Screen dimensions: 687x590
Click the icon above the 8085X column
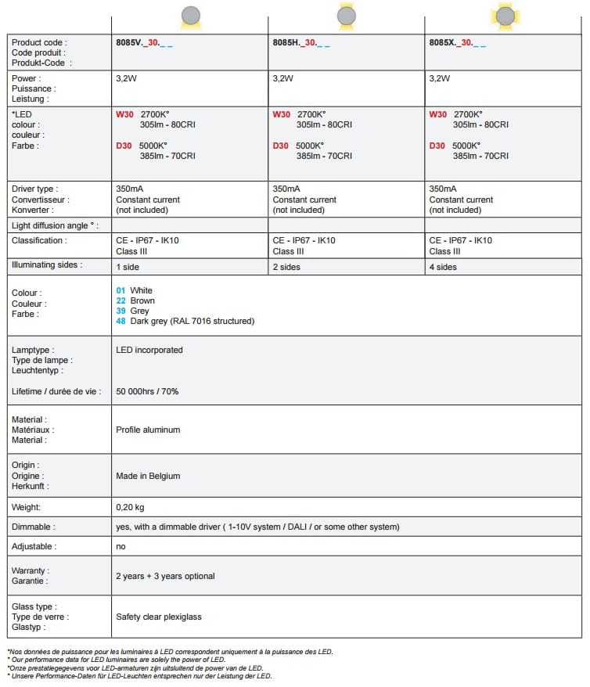coord(505,15)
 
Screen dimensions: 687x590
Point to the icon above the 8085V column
coord(190,15)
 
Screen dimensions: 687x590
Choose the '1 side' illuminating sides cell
coord(129,267)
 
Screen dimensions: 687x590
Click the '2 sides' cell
coord(286,267)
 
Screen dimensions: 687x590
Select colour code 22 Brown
coord(135,300)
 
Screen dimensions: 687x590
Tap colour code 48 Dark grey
coord(185,321)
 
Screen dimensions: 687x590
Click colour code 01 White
coord(135,290)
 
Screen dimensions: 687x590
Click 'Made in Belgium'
coord(148,476)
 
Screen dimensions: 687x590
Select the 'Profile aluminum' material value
coord(148,430)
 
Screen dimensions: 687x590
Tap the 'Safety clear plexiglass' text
coord(159,617)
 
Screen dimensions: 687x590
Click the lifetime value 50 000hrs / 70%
coord(147,390)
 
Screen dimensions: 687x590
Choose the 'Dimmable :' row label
coord(34,527)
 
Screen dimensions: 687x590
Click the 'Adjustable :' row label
coord(34,546)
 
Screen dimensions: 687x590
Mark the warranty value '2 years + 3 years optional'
coord(165,576)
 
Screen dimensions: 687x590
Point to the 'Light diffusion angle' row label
coord(55,225)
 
